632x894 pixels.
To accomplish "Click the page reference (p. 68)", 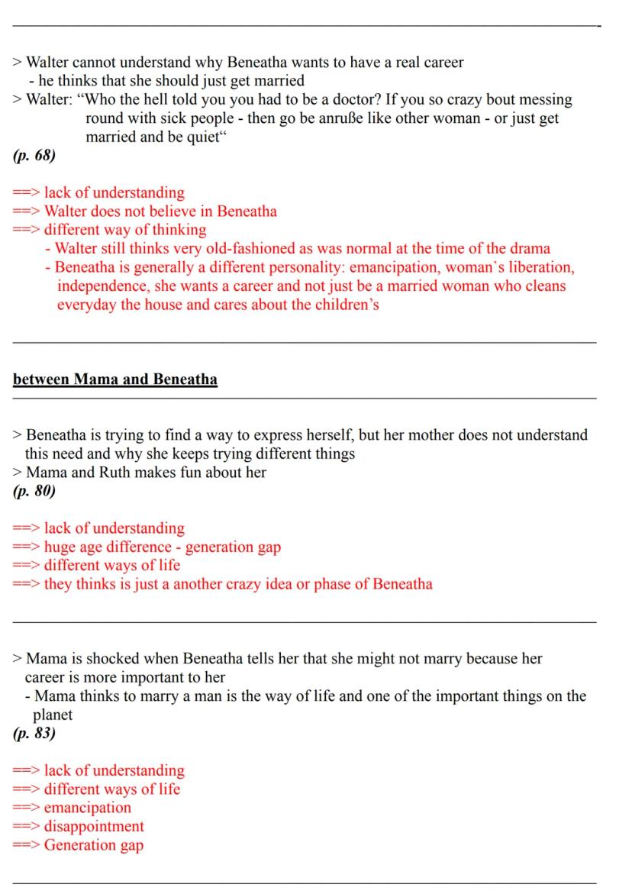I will [34, 156].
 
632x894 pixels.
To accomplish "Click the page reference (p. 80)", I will [34, 491].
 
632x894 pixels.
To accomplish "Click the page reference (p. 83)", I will [34, 734].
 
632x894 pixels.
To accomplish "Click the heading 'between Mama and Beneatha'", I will [115, 379].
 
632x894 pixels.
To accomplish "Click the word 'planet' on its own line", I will [53, 715].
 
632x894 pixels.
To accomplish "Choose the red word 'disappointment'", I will [94, 826].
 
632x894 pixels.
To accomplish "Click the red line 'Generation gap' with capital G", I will [94, 844].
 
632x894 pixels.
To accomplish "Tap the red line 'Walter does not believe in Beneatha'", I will [160, 211].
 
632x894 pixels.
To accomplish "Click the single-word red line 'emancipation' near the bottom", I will [88, 807].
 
